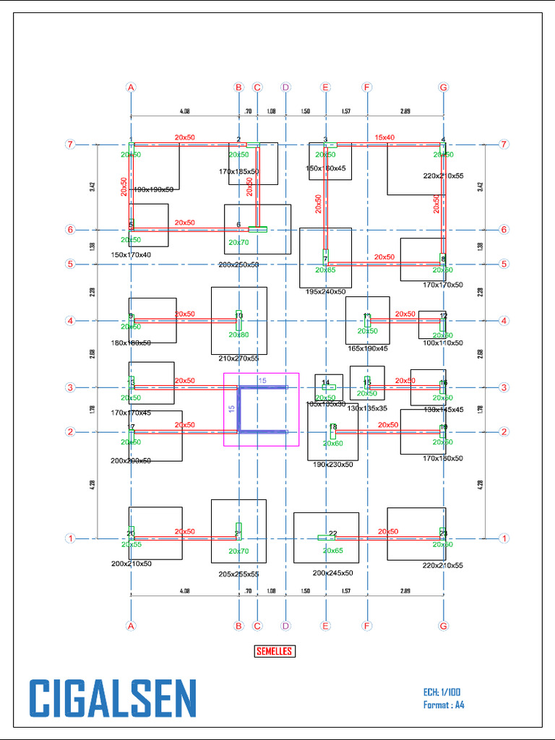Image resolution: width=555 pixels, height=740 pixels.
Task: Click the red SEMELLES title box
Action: (275, 651)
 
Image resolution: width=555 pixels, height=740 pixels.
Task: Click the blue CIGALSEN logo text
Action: (113, 699)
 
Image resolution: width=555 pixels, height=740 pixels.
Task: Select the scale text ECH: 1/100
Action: (443, 692)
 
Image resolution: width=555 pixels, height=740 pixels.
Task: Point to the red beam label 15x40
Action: (384, 137)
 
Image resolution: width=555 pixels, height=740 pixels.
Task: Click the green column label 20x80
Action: (238, 335)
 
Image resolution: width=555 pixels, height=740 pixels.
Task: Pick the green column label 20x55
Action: (131, 544)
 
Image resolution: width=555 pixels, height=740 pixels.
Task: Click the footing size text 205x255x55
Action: (238, 575)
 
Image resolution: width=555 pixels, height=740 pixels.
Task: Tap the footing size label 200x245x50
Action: (332, 573)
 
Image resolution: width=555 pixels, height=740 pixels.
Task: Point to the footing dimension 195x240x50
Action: (325, 291)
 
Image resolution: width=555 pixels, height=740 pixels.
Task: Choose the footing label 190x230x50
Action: (332, 465)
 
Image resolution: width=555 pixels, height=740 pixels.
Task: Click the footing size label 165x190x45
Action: (367, 348)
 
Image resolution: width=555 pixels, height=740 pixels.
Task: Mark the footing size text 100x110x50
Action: (443, 343)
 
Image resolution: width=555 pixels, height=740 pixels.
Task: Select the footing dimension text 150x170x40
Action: (131, 255)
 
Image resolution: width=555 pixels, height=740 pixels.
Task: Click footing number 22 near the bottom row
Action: (333, 533)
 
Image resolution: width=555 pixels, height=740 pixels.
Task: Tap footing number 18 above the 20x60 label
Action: (333, 427)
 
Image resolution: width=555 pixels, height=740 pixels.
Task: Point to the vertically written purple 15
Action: (231, 408)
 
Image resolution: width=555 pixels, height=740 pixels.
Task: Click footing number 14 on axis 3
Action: (325, 382)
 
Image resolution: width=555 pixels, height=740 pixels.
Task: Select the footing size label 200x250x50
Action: (238, 265)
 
